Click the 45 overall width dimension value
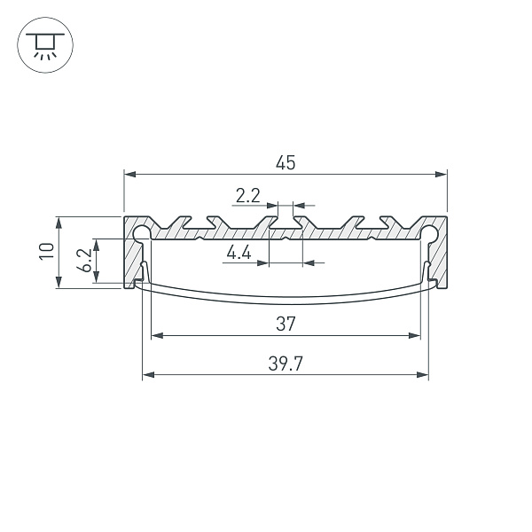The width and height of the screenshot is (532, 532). click(285, 162)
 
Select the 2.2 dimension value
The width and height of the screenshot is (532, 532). click(247, 194)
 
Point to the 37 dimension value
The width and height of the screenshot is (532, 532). click(285, 325)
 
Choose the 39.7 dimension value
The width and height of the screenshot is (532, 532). click(285, 364)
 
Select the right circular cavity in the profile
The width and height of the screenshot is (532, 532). click(429, 233)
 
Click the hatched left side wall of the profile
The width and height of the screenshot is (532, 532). click(132, 262)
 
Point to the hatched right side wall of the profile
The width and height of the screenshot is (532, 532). click(439, 262)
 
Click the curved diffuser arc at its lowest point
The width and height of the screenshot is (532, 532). click(285, 304)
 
